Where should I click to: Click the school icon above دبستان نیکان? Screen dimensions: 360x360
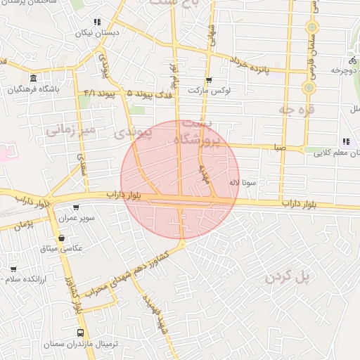click(x=97, y=22)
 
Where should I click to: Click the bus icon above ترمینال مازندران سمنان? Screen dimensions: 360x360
click(x=79, y=332)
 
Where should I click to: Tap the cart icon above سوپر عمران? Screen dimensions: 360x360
click(x=76, y=207)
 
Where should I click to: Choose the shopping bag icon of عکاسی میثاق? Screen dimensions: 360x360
click(x=62, y=239)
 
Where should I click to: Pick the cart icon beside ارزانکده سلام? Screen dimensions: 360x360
click(x=13, y=269)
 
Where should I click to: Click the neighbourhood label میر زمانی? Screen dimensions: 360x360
click(x=70, y=129)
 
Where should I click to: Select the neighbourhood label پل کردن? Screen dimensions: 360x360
click(x=288, y=277)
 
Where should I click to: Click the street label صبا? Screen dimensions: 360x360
click(x=281, y=148)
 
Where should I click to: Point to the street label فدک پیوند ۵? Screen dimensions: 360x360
click(x=147, y=92)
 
